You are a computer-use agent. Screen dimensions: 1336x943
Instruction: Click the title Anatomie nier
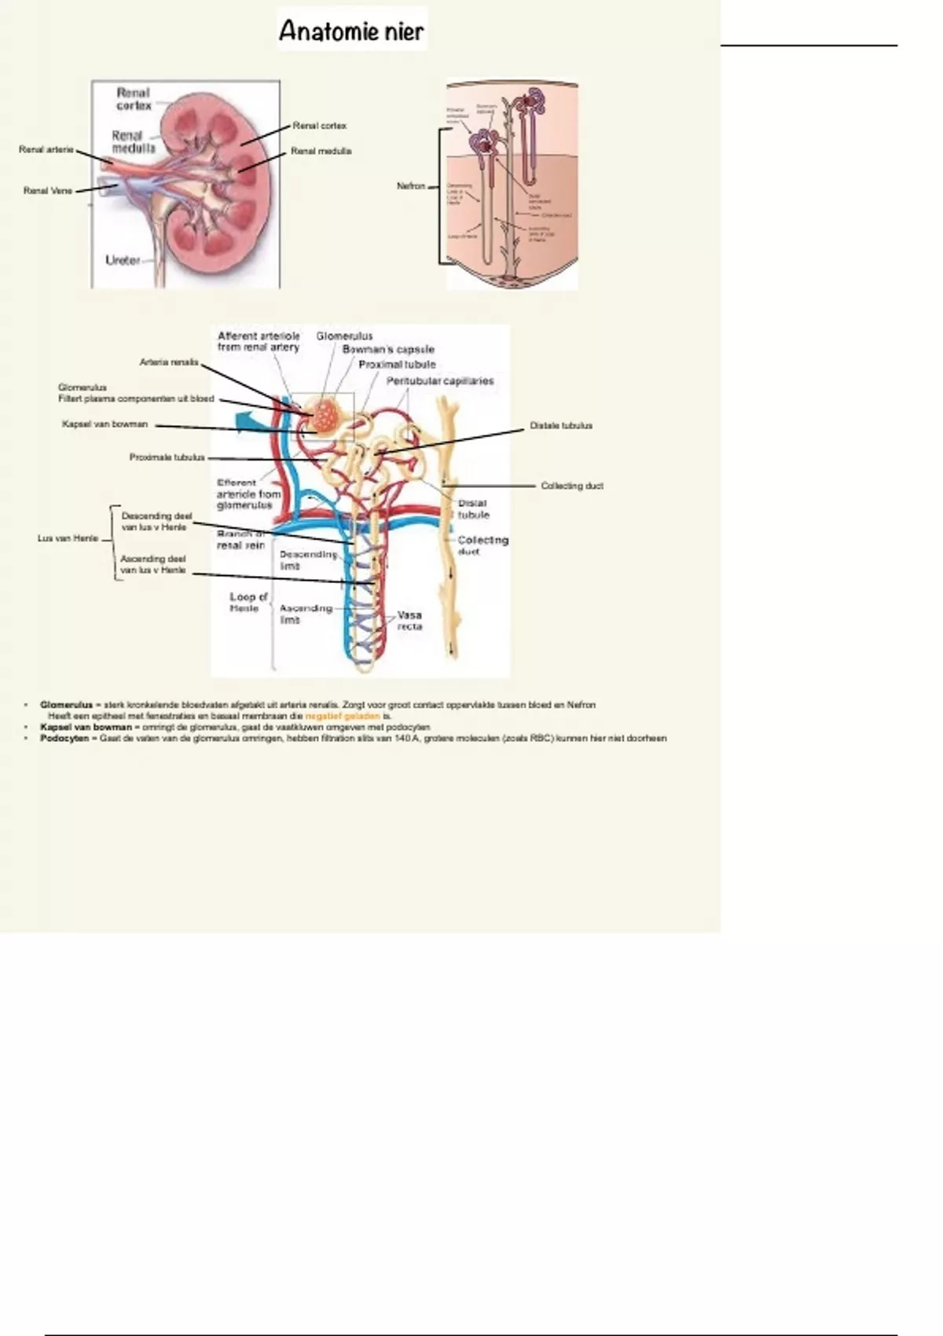click(x=351, y=31)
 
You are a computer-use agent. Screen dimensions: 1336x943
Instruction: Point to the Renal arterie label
click(x=46, y=149)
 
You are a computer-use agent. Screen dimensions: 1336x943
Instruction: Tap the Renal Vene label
click(x=47, y=190)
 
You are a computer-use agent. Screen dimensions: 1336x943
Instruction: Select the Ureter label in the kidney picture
click(x=123, y=260)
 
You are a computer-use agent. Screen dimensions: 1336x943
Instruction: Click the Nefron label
click(x=410, y=186)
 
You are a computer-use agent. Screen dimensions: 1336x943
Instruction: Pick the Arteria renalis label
click(x=168, y=362)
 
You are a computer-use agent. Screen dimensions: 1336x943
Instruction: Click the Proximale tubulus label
click(x=167, y=457)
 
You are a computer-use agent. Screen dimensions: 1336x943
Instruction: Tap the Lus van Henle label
click(x=68, y=538)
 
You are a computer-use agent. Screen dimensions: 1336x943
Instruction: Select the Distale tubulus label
click(x=560, y=425)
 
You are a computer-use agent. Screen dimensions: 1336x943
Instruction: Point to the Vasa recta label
click(x=409, y=621)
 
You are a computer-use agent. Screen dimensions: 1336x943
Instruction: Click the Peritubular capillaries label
click(x=439, y=381)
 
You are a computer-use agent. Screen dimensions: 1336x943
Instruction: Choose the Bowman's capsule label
click(x=388, y=349)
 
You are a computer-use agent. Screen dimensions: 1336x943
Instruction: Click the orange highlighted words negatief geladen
click(x=343, y=716)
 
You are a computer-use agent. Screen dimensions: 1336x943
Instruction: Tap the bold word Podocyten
click(x=64, y=738)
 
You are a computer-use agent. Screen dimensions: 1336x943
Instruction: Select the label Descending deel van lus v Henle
click(x=156, y=522)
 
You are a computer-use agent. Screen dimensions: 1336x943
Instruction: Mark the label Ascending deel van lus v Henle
click(x=153, y=564)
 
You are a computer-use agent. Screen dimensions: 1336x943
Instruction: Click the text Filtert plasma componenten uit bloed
click(x=135, y=398)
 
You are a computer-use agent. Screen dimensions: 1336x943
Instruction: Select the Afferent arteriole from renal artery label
click(x=259, y=341)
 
